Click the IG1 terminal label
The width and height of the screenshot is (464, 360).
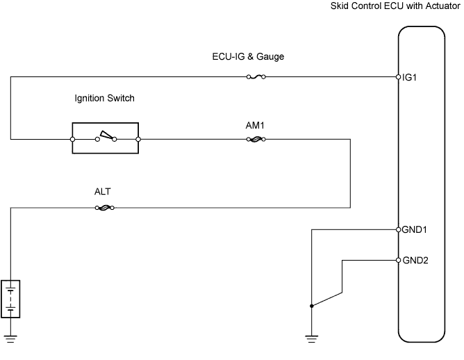coord(409,78)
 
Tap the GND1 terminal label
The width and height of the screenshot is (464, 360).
coord(414,230)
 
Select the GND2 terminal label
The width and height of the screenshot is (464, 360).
coord(415,261)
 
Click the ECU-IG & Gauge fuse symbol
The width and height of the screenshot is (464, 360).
coord(256,77)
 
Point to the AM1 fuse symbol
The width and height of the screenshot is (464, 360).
coord(256,139)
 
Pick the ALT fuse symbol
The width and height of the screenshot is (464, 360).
coord(105,208)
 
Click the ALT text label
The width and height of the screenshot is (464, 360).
coord(102,192)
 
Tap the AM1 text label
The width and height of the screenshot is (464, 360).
coord(255,126)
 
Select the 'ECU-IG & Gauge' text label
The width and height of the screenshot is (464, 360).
coord(248,56)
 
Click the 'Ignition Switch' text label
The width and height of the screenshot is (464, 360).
coord(104,98)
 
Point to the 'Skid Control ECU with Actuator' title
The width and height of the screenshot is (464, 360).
coord(395,6)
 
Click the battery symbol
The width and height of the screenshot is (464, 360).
coord(10,299)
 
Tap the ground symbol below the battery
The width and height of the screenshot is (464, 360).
coord(10,339)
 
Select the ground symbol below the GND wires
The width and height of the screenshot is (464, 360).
coord(312,339)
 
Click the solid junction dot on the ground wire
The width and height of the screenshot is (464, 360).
coord(312,306)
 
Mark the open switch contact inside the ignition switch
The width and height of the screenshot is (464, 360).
coord(106,136)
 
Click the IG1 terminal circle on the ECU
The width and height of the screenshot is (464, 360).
coord(398,77)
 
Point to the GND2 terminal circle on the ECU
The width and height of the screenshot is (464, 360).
coord(398,260)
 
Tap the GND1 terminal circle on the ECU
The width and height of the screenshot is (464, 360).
coord(398,229)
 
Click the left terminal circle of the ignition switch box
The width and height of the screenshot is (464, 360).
coord(72,139)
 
